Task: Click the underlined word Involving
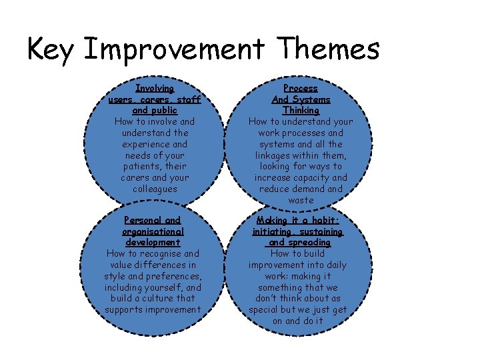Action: [155, 88]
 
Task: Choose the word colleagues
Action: [155, 189]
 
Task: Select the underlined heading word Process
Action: [301, 88]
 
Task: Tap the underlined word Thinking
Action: [301, 110]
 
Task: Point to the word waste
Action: [301, 201]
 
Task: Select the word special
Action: [265, 310]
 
